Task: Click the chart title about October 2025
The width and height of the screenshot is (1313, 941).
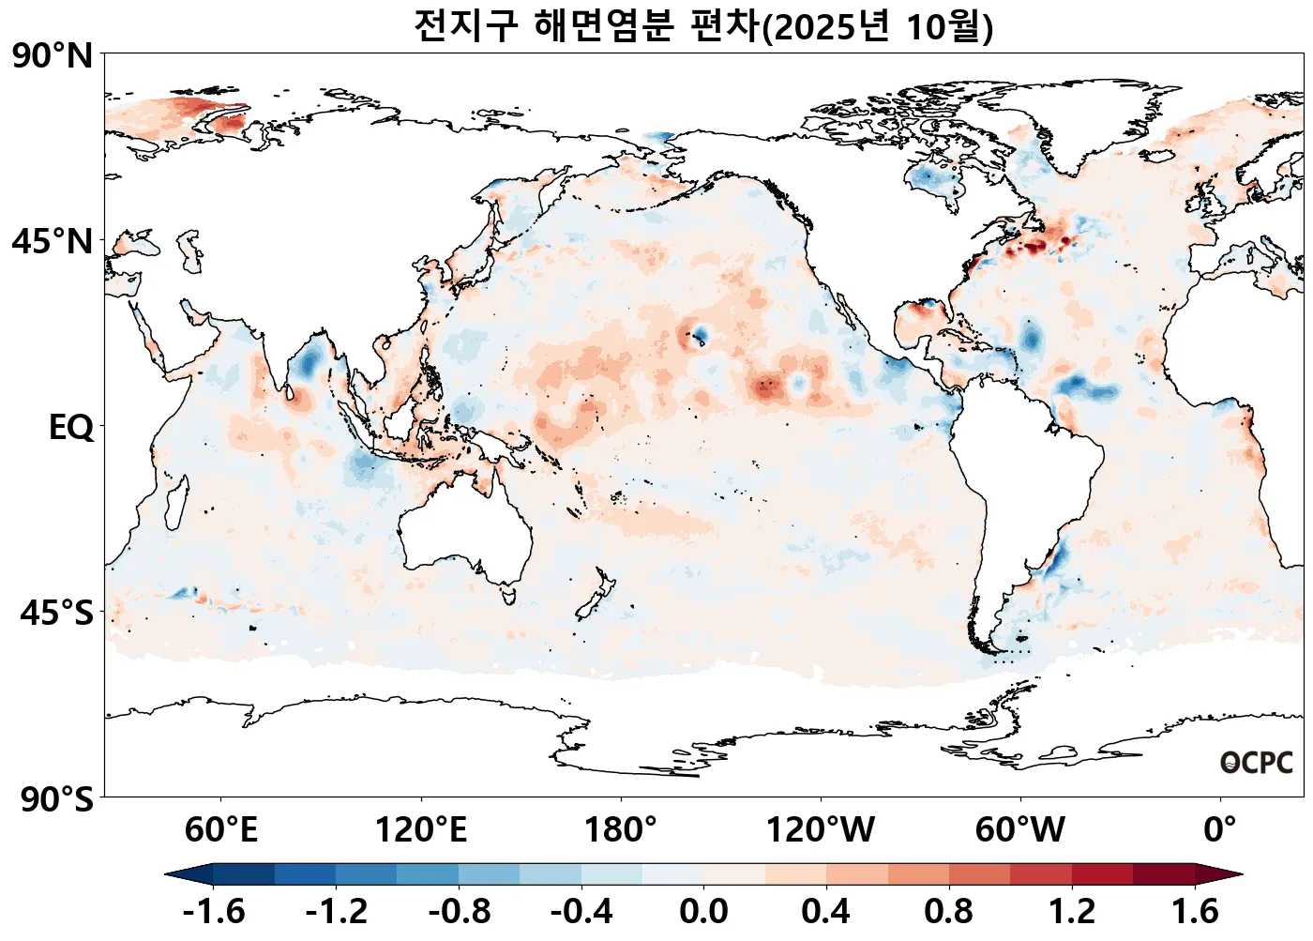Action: [703, 25]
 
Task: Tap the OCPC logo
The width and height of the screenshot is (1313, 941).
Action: [1256, 763]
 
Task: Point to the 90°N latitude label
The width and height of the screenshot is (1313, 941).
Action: [53, 55]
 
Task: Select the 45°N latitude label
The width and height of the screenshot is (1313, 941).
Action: [53, 241]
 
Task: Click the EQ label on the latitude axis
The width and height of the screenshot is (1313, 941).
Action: [71, 428]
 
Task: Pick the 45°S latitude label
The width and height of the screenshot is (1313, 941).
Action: [56, 614]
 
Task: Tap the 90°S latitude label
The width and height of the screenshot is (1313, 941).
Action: [56, 799]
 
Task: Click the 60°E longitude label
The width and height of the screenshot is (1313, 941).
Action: [220, 829]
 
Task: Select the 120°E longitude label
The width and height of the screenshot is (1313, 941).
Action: [420, 829]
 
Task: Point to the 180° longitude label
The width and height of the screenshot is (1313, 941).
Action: [621, 829]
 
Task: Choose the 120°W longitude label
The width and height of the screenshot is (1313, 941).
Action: [821, 829]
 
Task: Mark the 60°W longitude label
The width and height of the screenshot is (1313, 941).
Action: [1020, 829]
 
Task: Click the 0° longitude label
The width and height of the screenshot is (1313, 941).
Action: [1220, 829]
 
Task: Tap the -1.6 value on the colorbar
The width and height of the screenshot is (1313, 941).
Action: [214, 911]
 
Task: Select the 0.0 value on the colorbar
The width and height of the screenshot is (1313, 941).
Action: [703, 911]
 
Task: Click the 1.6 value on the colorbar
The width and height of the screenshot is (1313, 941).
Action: [1195, 911]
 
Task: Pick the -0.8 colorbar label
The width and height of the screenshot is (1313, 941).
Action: [459, 911]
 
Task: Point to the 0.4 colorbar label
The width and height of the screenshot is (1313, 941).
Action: [826, 911]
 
